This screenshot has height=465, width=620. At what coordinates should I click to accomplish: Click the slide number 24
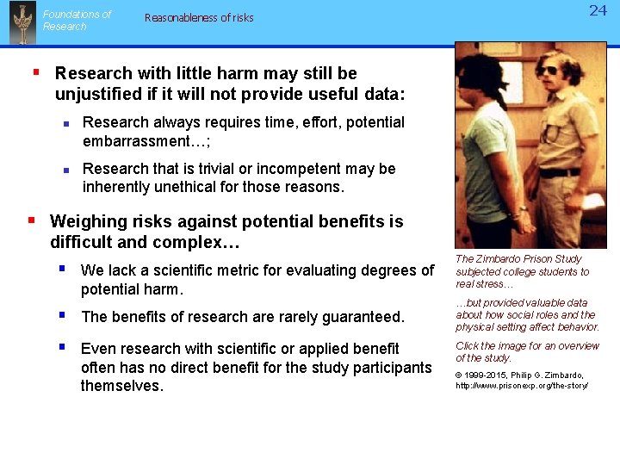(598, 11)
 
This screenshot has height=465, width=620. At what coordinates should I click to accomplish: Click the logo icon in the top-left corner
(22, 22)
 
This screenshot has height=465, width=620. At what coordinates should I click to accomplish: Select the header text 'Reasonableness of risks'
(199, 17)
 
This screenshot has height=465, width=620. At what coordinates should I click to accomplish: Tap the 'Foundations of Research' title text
(77, 21)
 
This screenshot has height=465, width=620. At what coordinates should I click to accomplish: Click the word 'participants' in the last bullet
(386, 368)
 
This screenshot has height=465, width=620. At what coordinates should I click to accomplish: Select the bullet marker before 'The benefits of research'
(63, 315)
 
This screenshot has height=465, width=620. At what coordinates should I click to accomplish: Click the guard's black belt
(560, 172)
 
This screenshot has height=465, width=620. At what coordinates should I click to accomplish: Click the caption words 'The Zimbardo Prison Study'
(518, 259)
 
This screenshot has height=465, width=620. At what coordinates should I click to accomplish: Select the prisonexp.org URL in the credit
(522, 386)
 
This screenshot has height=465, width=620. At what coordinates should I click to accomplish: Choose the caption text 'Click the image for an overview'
(527, 346)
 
